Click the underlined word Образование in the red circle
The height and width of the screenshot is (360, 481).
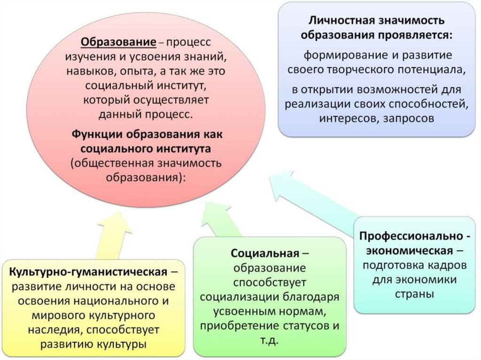(x=118, y=42)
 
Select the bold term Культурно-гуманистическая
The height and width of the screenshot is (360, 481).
(x=88, y=272)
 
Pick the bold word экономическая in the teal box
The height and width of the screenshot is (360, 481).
(x=402, y=249)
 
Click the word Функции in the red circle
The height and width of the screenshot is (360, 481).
(x=92, y=134)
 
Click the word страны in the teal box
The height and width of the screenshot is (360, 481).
(x=414, y=295)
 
